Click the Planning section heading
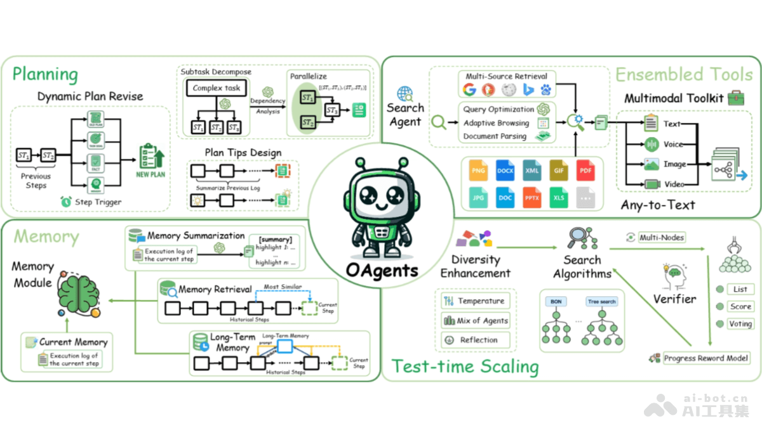(x=45, y=74)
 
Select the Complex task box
(x=217, y=88)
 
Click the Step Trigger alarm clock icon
(x=66, y=202)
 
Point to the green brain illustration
(x=77, y=293)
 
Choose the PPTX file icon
(x=532, y=197)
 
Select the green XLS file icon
(x=559, y=197)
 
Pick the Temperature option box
(x=476, y=301)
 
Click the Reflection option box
(x=476, y=340)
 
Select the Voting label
(x=740, y=323)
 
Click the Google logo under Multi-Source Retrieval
(x=469, y=89)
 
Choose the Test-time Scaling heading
(x=465, y=366)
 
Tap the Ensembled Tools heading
(x=684, y=74)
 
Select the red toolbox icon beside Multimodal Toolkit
(x=735, y=98)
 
